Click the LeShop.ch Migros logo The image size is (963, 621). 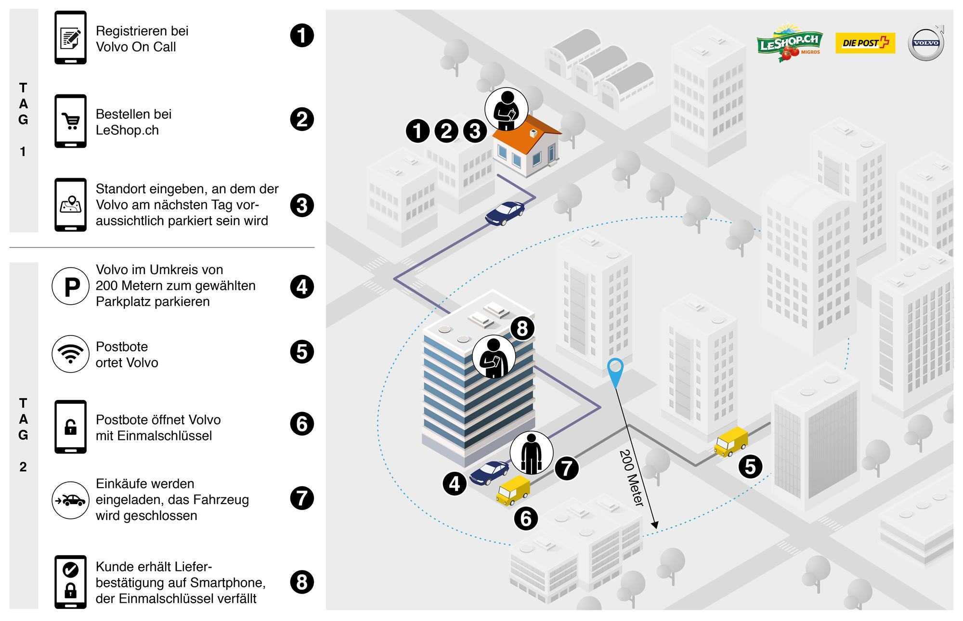pyautogui.click(x=790, y=42)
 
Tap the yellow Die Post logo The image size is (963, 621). pyautogui.click(x=865, y=43)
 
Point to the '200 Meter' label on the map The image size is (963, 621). pyautogui.click(x=631, y=478)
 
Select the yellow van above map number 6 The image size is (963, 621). pyautogui.click(x=513, y=491)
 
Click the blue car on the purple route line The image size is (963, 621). pyautogui.click(x=505, y=213)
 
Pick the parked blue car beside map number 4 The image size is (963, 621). pyautogui.click(x=489, y=472)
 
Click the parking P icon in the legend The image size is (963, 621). pyautogui.click(x=71, y=286)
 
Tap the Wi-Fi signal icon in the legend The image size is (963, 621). pyautogui.click(x=71, y=354)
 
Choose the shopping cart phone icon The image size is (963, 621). pyautogui.click(x=71, y=121)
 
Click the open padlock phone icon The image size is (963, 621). pyautogui.click(x=71, y=427)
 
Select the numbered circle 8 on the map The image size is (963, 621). pyautogui.click(x=522, y=328)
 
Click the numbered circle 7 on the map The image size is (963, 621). pyautogui.click(x=567, y=468)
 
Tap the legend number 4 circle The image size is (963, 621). pyautogui.click(x=302, y=287)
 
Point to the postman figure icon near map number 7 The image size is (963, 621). pyautogui.click(x=531, y=453)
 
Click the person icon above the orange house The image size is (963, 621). pyautogui.click(x=506, y=109)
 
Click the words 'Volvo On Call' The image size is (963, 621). pyautogui.click(x=136, y=47)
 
